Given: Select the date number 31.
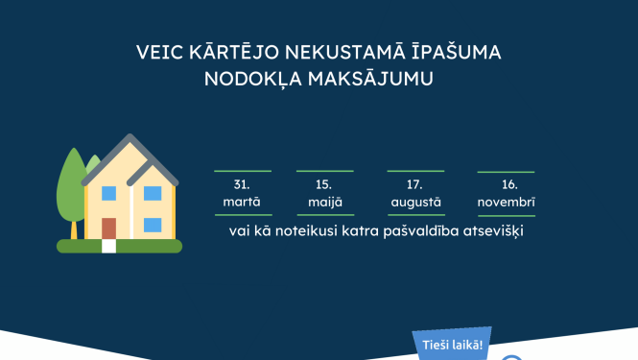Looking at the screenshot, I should click(x=242, y=183).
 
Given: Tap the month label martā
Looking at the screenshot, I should click(x=242, y=203).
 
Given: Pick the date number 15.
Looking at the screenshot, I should click(x=323, y=183).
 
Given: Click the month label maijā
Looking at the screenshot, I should click(x=323, y=203).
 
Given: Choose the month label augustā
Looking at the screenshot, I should click(x=415, y=203).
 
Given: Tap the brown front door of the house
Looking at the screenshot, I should click(x=108, y=228).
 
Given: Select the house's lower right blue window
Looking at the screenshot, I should click(x=153, y=226).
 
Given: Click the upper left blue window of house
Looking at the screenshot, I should click(x=108, y=193).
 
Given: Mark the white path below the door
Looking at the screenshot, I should click(x=108, y=246).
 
